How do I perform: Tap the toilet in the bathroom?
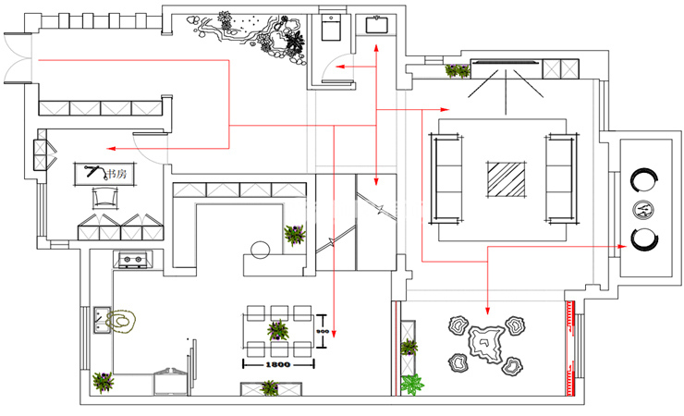point(332,29)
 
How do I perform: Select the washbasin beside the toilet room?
point(376,25)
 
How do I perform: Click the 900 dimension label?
point(324,332)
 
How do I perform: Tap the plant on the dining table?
point(276,329)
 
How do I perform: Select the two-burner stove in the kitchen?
point(130,259)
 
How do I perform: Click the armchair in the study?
point(104,197)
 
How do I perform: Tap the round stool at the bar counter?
point(260,248)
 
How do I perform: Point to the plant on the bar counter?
point(295,235)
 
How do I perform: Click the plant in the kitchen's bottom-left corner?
point(103,382)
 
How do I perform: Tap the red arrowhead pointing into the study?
point(109,148)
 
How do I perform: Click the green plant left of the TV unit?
point(457,69)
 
